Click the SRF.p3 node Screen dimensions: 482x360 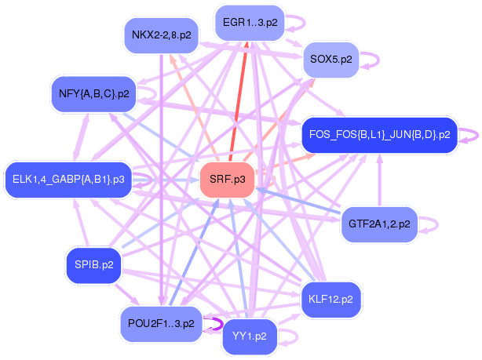point(228,180)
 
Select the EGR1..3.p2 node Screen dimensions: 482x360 point(250,22)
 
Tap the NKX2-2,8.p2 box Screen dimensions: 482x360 point(160,35)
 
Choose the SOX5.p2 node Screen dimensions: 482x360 point(330,60)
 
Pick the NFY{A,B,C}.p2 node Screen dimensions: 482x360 point(93,93)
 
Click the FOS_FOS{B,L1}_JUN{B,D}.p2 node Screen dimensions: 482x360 point(378,134)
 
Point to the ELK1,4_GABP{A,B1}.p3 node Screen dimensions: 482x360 point(68,179)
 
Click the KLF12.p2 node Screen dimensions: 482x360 point(330,299)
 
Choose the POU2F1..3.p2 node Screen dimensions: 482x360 point(161,323)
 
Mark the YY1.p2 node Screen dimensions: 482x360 point(250,337)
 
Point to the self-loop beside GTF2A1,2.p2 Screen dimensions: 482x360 point(431,224)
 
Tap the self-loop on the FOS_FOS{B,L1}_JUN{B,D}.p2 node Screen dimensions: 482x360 point(469,134)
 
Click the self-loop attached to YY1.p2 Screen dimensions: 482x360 point(292,338)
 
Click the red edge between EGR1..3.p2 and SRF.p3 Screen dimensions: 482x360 point(239,102)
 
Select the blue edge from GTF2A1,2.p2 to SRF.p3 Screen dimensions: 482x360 point(298,200)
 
